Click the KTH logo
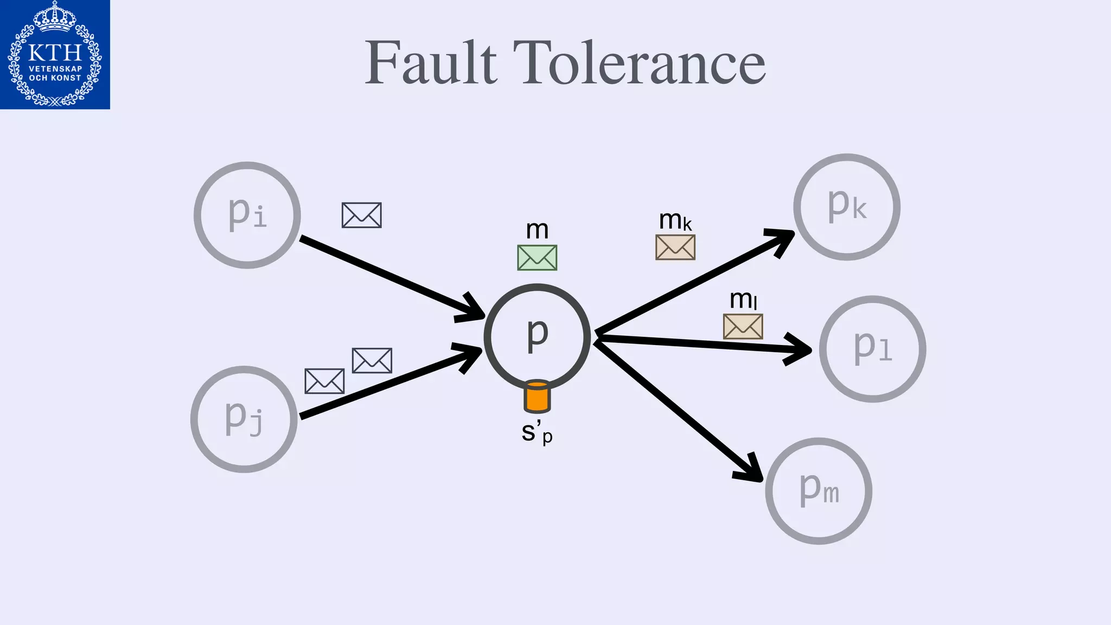(55, 54)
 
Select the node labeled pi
(247, 215)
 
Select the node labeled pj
(244, 419)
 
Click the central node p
(537, 337)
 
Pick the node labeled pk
(847, 207)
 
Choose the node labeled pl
(872, 349)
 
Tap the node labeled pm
(819, 491)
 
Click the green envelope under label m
(537, 258)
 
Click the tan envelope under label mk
(675, 247)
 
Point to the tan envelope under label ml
(743, 327)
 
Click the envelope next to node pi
(362, 215)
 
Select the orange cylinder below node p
(537, 397)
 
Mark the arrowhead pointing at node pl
(801, 350)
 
